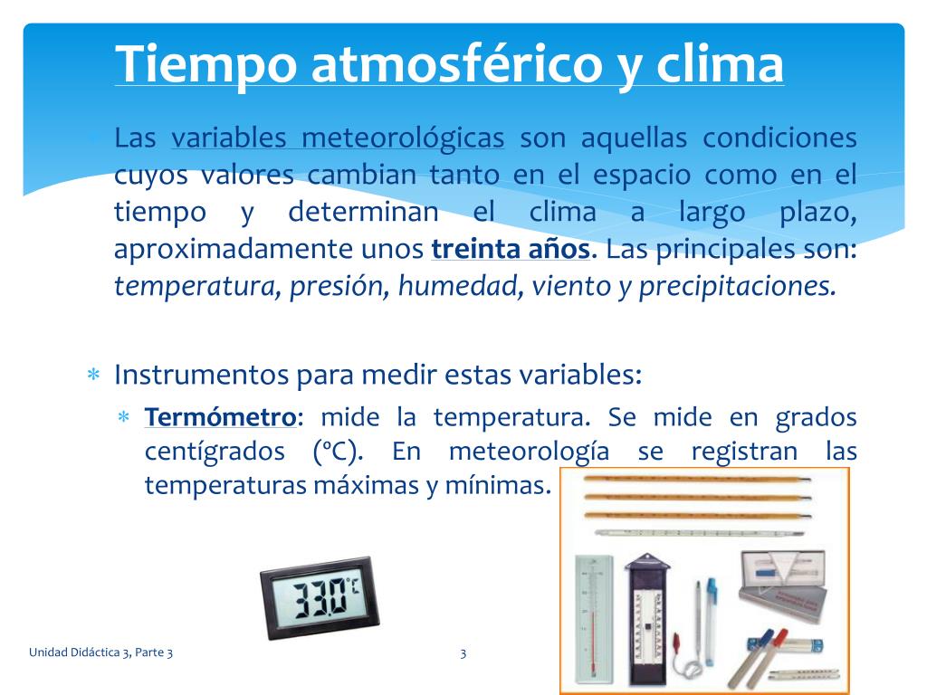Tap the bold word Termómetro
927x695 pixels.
click(x=220, y=418)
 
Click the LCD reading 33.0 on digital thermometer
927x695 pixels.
click(x=317, y=598)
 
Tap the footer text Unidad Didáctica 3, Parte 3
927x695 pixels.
click(x=100, y=652)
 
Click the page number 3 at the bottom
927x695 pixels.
click(x=463, y=652)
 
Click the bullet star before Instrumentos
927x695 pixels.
click(x=92, y=375)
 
